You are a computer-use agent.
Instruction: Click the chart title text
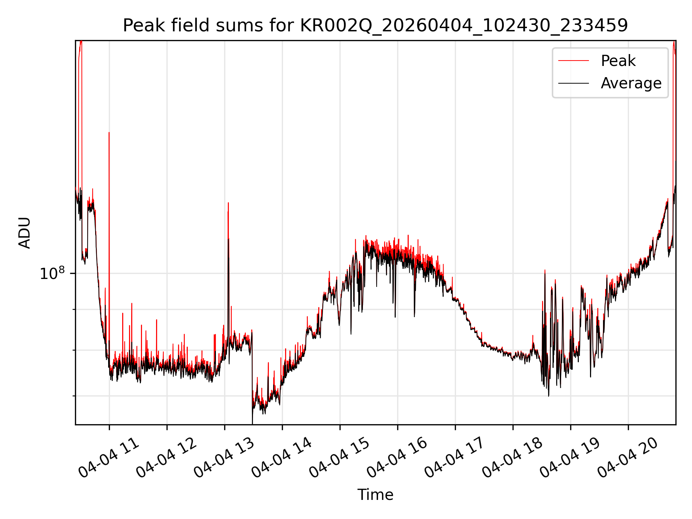pos(375,26)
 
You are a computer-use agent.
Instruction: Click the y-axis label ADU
pos(25,232)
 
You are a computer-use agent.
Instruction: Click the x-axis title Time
pos(375,494)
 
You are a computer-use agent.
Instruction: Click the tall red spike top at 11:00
pos(109,133)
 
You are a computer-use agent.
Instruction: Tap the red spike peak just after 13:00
pos(228,203)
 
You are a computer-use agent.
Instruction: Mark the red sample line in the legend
pos(573,61)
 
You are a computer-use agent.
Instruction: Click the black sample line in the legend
pos(573,83)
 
